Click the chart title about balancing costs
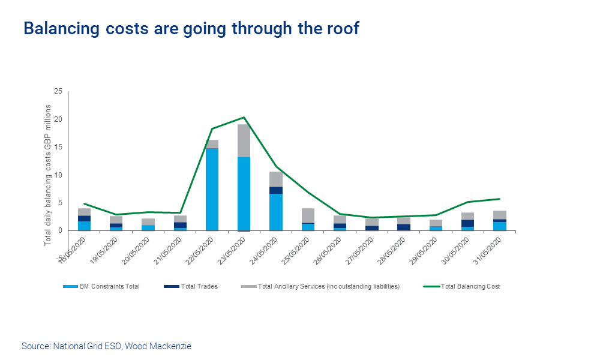click(191, 28)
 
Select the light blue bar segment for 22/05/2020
click(212, 189)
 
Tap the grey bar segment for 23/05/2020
click(244, 140)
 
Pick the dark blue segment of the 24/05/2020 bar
click(275, 190)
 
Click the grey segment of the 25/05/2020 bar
click(308, 215)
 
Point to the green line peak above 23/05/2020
click(244, 118)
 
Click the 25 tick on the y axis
click(58, 92)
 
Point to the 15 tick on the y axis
click(58, 147)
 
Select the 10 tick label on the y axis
click(58, 175)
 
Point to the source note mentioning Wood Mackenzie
click(106, 346)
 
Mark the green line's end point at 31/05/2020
click(500, 199)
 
